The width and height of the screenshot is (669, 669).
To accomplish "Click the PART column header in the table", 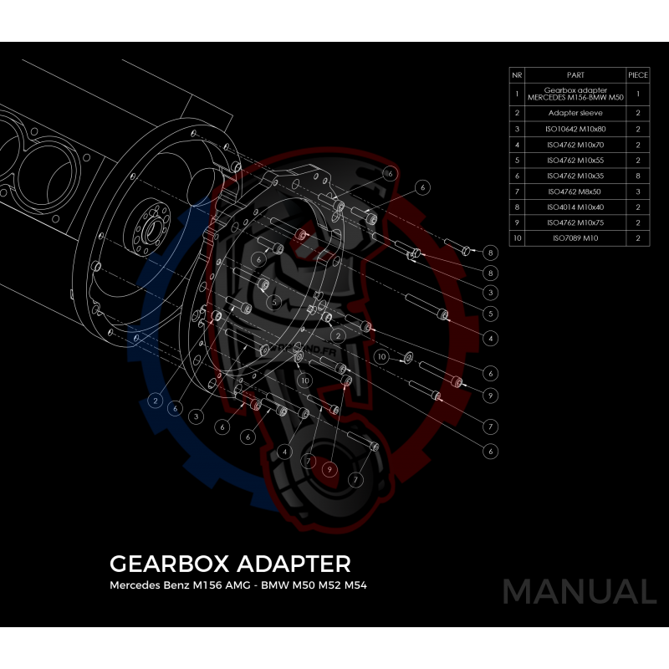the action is pyautogui.click(x=575, y=75).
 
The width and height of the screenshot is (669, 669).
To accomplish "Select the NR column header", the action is pyautogui.click(x=517, y=75).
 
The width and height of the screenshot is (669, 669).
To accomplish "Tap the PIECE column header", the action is pyautogui.click(x=638, y=75).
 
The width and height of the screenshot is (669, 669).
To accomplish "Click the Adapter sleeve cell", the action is pyautogui.click(x=575, y=113).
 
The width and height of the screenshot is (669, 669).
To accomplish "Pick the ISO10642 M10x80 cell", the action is pyautogui.click(x=575, y=129).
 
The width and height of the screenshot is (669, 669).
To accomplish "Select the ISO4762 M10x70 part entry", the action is pyautogui.click(x=575, y=145).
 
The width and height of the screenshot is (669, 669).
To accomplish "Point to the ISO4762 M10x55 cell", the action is pyautogui.click(x=575, y=161).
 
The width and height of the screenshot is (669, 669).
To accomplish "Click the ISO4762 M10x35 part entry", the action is pyautogui.click(x=575, y=176).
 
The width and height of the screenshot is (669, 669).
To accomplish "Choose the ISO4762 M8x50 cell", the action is pyautogui.click(x=575, y=192).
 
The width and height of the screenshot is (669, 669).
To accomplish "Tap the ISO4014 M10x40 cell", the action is pyautogui.click(x=575, y=207).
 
